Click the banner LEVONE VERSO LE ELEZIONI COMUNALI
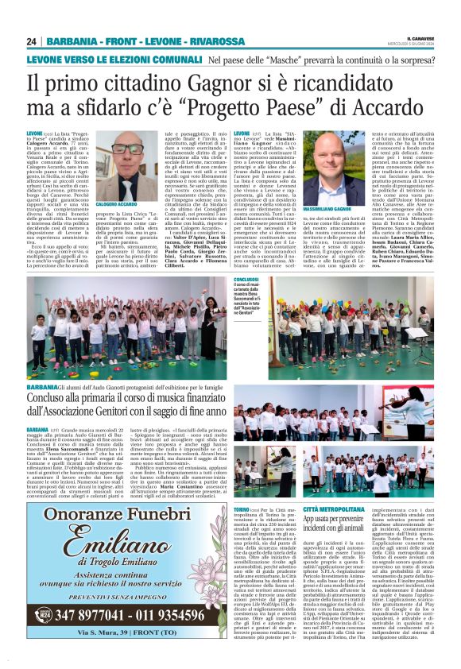click(114, 60)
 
